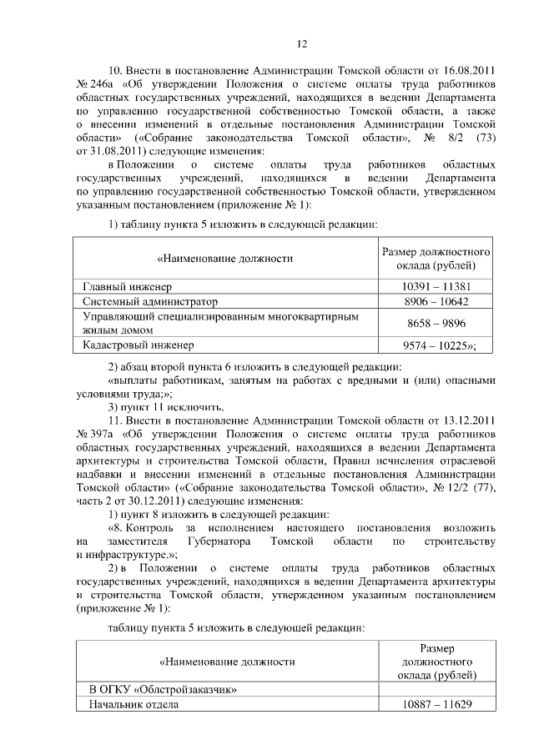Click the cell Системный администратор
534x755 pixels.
(x=149, y=301)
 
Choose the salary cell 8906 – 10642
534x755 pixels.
(x=434, y=301)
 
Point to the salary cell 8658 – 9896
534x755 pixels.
(x=434, y=323)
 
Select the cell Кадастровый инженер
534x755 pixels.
(x=138, y=344)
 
